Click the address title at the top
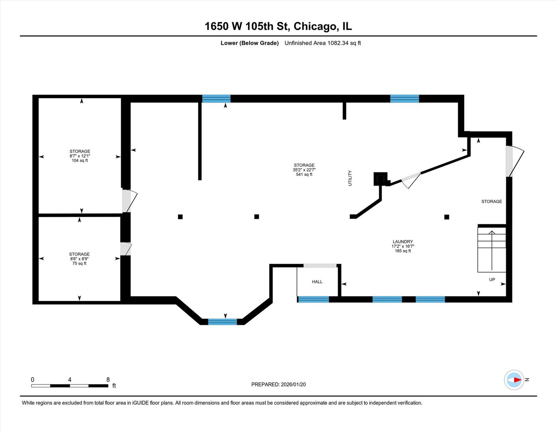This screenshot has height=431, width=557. point(278,26)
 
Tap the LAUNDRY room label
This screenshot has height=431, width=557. point(403,241)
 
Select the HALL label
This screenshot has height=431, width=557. point(317,282)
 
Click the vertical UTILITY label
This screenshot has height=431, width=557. point(350,178)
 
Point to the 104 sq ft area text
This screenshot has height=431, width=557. point(80,160)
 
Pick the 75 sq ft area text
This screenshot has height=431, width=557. point(79,263)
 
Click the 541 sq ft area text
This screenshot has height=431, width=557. point(304,174)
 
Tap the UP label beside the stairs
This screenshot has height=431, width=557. point(492,279)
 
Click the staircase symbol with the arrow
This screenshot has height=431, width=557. point(492,249)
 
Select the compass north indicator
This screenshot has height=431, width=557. point(514,380)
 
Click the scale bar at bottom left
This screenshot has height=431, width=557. point(70,386)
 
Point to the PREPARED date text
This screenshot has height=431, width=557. point(278,384)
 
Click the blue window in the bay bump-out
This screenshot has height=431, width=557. point(222,322)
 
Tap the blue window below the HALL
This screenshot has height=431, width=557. point(313,299)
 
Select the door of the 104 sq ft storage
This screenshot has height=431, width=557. point(129,201)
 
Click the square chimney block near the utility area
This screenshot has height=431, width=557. point(380,178)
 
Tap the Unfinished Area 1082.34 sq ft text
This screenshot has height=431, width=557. point(323,43)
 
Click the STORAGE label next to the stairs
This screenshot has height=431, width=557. point(492,202)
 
